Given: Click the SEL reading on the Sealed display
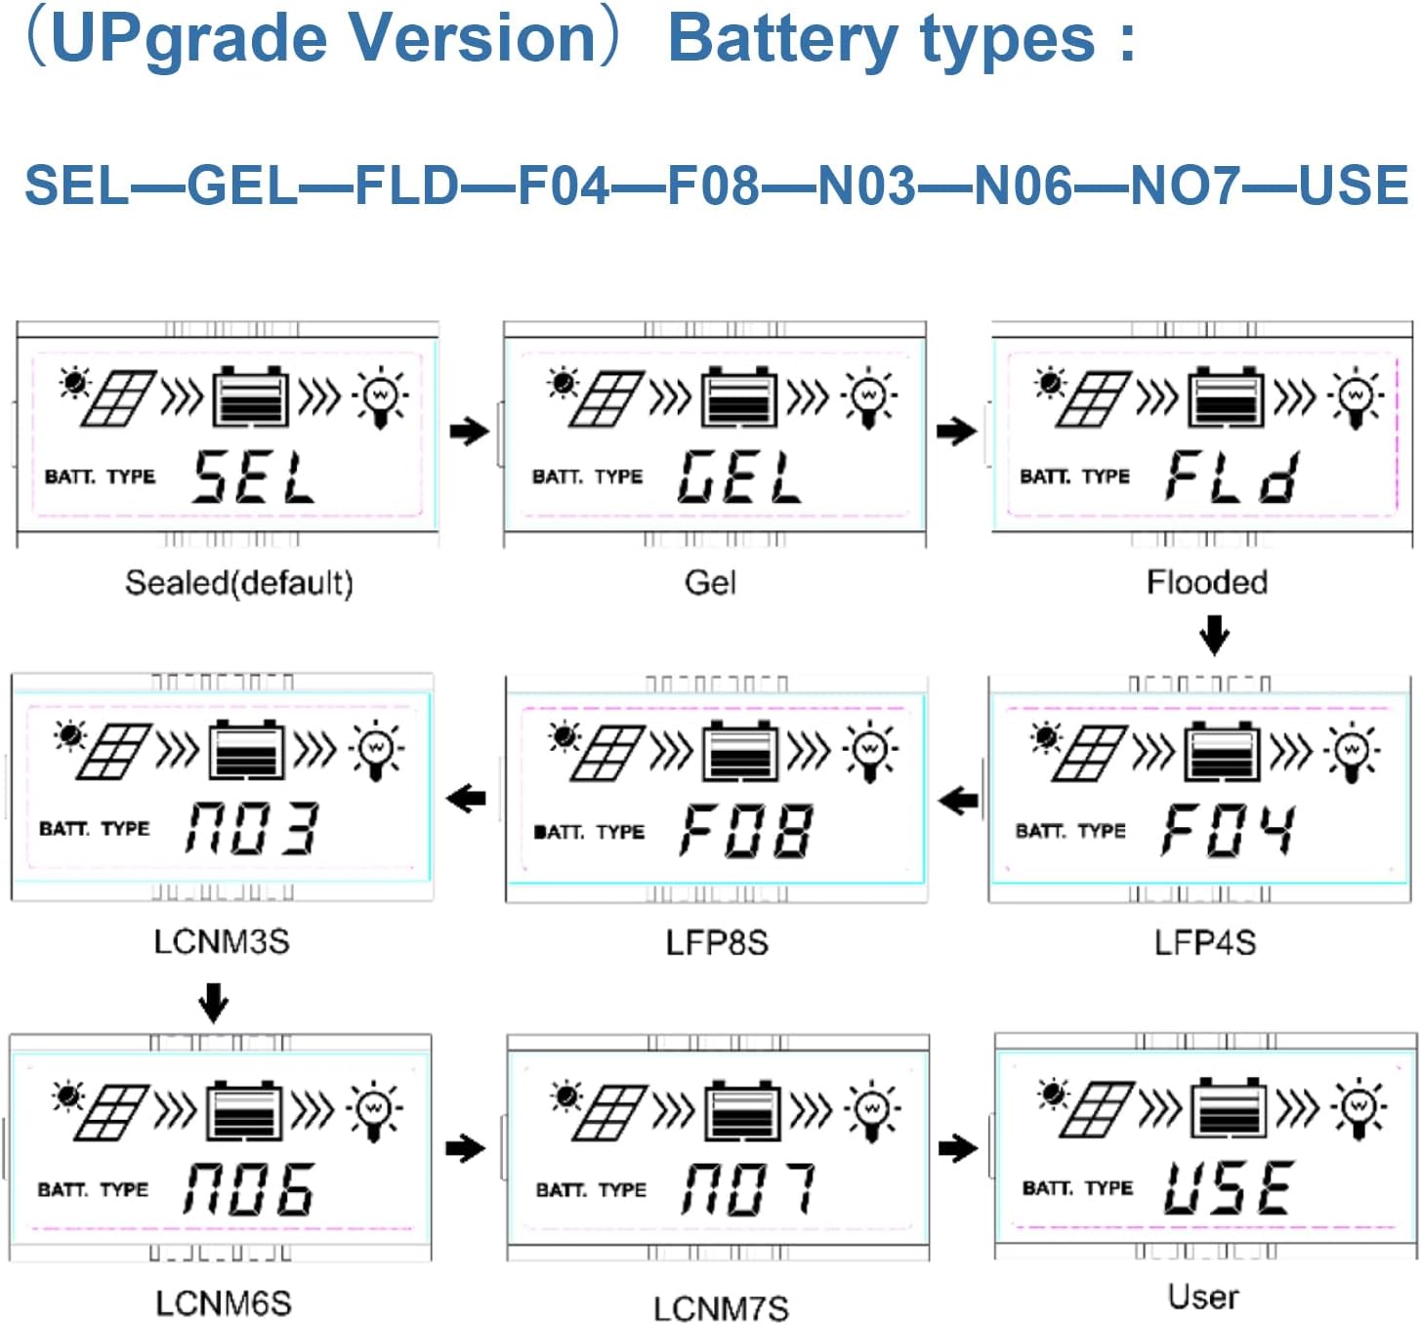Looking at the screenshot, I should [x=253, y=476].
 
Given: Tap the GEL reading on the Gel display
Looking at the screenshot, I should [x=739, y=476].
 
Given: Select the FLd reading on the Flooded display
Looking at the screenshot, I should [x=1231, y=476].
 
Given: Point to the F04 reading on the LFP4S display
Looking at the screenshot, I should [x=1228, y=830].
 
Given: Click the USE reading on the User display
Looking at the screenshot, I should [x=1228, y=1187].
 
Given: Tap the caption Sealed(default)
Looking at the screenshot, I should [x=239, y=583].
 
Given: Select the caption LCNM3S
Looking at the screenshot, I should [x=222, y=941].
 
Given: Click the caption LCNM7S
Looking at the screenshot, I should [x=721, y=1307].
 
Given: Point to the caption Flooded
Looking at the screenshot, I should [x=1207, y=582].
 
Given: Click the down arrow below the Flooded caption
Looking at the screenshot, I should [x=1214, y=635].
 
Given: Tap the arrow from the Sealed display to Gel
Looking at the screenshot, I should [x=470, y=431].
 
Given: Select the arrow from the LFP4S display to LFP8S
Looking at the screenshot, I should [x=958, y=801].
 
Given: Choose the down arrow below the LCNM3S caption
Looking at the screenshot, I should [x=213, y=1002].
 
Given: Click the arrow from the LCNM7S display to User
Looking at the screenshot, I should [x=958, y=1147].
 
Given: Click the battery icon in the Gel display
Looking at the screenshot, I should [x=739, y=397].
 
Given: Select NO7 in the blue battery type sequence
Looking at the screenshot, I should [x=1185, y=186].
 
